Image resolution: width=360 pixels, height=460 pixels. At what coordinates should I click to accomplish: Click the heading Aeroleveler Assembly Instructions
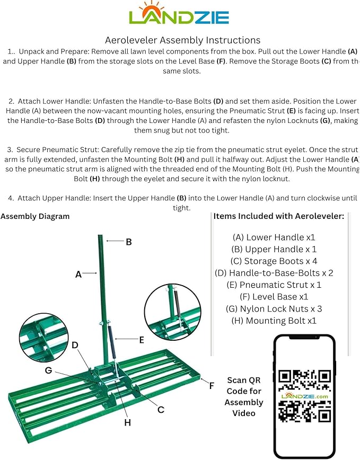coord(182,40)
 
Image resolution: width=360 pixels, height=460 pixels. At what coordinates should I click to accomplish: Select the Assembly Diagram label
coord(35,216)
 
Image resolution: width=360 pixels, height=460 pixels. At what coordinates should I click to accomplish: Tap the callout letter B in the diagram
coord(128,242)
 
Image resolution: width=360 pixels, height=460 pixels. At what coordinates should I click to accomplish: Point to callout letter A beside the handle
coord(78,274)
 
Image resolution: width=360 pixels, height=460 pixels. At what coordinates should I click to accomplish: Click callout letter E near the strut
coord(141,340)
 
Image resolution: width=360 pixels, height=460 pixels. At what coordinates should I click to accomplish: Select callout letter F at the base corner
coord(212,386)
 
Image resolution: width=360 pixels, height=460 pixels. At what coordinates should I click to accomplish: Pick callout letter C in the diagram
coord(161,410)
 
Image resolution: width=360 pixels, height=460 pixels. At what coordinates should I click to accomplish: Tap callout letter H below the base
coord(127,422)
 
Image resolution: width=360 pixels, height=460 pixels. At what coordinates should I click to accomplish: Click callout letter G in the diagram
coord(48,370)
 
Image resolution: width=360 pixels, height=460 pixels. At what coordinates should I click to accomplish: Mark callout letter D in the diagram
coord(75,345)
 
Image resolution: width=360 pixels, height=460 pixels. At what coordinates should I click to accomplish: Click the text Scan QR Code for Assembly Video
coord(244,396)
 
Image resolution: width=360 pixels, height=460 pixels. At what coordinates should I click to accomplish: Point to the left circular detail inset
coord(43,339)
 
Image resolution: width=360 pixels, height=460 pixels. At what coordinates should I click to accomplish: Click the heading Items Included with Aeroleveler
coord(279,216)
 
